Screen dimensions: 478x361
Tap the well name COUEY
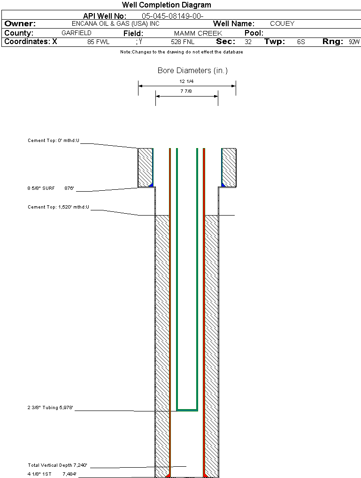click(282, 23)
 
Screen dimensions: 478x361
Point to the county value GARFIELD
click(77, 33)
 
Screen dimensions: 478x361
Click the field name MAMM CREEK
click(198, 34)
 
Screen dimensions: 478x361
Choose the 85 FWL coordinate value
click(98, 42)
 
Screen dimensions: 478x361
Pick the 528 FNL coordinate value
click(183, 42)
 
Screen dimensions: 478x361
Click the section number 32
click(248, 42)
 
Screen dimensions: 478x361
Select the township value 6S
click(301, 42)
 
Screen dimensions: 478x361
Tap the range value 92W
click(354, 42)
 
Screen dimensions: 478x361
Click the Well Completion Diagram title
click(166, 5)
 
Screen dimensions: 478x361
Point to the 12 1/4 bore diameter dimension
click(186, 82)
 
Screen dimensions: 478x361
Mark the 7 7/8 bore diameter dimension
click(186, 91)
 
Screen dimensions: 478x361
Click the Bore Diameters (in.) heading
click(192, 71)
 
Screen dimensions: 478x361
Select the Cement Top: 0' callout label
click(54, 140)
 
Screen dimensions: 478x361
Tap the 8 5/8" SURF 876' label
click(51, 188)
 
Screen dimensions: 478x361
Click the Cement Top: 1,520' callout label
click(58, 207)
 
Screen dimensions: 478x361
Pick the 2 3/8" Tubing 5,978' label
click(51, 408)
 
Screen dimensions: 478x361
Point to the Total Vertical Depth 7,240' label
click(57, 465)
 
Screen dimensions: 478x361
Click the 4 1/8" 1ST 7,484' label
click(52, 474)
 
